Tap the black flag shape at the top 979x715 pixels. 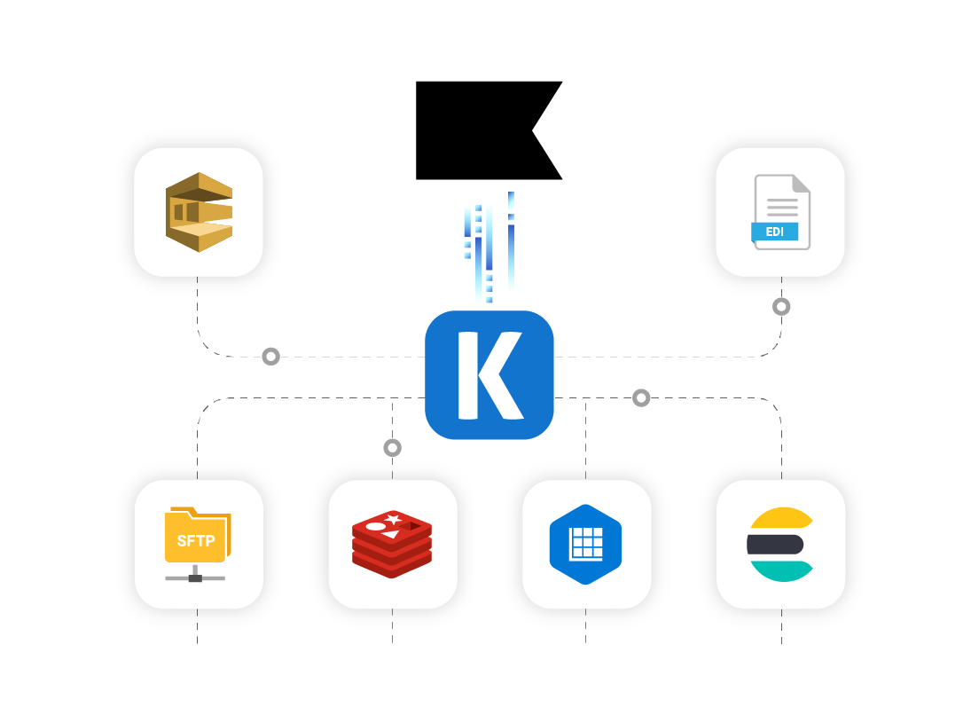coord(479,130)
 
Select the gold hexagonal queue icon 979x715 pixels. coord(199,212)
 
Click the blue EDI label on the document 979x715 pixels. coord(774,232)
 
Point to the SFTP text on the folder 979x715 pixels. coord(195,540)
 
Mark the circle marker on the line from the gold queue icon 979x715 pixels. coord(270,357)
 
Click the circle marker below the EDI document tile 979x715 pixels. coord(780,307)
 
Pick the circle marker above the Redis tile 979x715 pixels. coord(392,448)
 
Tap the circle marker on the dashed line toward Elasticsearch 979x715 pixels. coord(641,398)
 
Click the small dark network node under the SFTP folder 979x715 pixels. coord(195,578)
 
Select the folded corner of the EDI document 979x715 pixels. coord(801,183)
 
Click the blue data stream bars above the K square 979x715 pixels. coord(487,248)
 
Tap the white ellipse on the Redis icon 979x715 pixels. coord(375,526)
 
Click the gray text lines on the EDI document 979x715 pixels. coord(781,207)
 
